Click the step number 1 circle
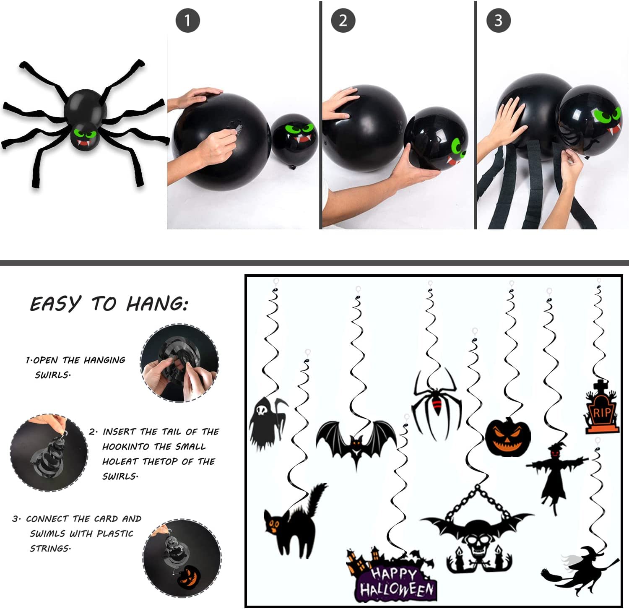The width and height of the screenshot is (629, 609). coord(187,20)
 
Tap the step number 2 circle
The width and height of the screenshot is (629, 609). coord(343,20)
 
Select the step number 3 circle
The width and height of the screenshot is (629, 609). coord(498,20)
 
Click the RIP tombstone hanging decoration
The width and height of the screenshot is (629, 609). coord(602,407)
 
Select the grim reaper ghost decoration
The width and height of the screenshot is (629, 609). coord(267,422)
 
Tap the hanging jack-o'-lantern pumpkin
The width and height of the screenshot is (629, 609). coord(508,437)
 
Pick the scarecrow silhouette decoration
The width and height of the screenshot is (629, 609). coord(556,474)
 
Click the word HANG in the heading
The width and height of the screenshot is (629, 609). coord(157,303)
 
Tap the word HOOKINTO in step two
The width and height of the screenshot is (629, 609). coord(126,447)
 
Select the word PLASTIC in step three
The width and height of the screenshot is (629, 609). coord(115,534)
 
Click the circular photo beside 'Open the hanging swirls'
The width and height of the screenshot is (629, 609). coord(179,363)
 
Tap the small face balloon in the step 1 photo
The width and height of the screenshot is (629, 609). coord(294,138)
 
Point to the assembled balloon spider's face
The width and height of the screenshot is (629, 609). coord(86,136)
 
